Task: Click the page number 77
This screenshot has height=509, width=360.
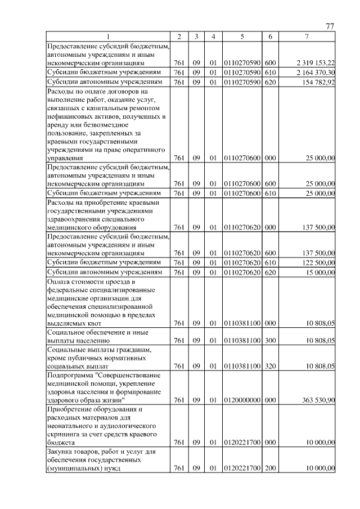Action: click(x=330, y=26)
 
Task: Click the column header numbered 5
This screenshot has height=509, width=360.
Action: click(x=241, y=37)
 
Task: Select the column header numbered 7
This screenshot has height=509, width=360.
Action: click(x=306, y=37)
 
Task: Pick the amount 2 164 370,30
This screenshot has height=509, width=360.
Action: click(x=314, y=73)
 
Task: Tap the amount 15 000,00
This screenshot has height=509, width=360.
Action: click(x=320, y=272)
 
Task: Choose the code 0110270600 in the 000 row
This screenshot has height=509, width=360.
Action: click(x=241, y=159)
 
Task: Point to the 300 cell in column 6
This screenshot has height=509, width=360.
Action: click(x=270, y=340)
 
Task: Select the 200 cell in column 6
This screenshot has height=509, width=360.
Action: click(x=270, y=469)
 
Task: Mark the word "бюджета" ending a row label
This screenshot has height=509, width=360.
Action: click(x=62, y=443)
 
